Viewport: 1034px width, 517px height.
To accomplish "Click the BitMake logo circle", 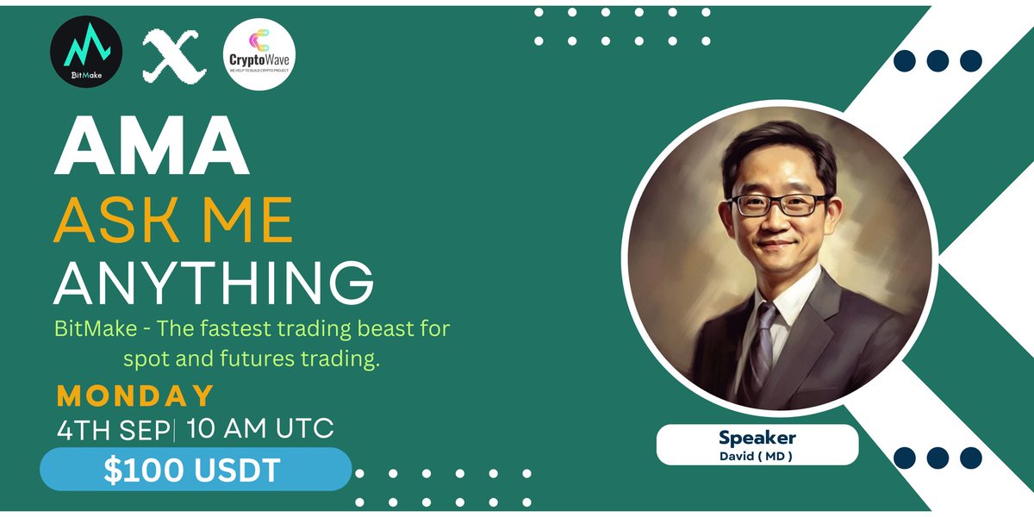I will (85, 53).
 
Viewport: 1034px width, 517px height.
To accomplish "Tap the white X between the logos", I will (170, 55).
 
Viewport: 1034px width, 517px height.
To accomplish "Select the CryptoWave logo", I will (258, 53).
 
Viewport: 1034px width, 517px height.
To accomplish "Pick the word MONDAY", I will (135, 396).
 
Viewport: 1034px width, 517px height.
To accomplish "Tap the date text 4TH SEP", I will (114, 427).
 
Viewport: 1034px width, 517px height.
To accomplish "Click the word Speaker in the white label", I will (757, 439).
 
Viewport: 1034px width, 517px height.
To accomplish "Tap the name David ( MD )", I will (757, 455).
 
